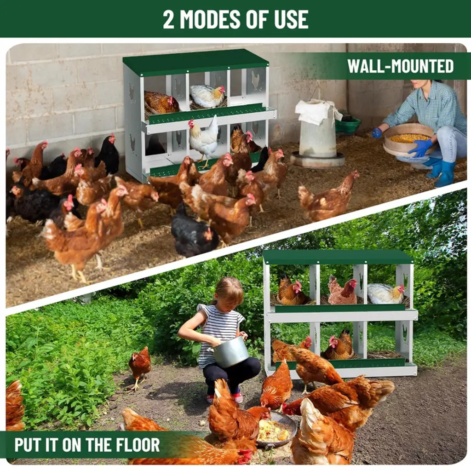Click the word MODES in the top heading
(x=210, y=19)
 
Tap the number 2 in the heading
(x=168, y=19)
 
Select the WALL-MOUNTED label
(x=400, y=66)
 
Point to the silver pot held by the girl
(x=230, y=351)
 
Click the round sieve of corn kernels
(x=409, y=140)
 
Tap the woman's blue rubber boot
(x=445, y=174)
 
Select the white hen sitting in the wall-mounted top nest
(x=207, y=96)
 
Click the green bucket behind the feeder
(x=348, y=124)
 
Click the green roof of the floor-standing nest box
(x=338, y=257)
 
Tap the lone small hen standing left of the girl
(x=140, y=367)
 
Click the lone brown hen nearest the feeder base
(x=328, y=195)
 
